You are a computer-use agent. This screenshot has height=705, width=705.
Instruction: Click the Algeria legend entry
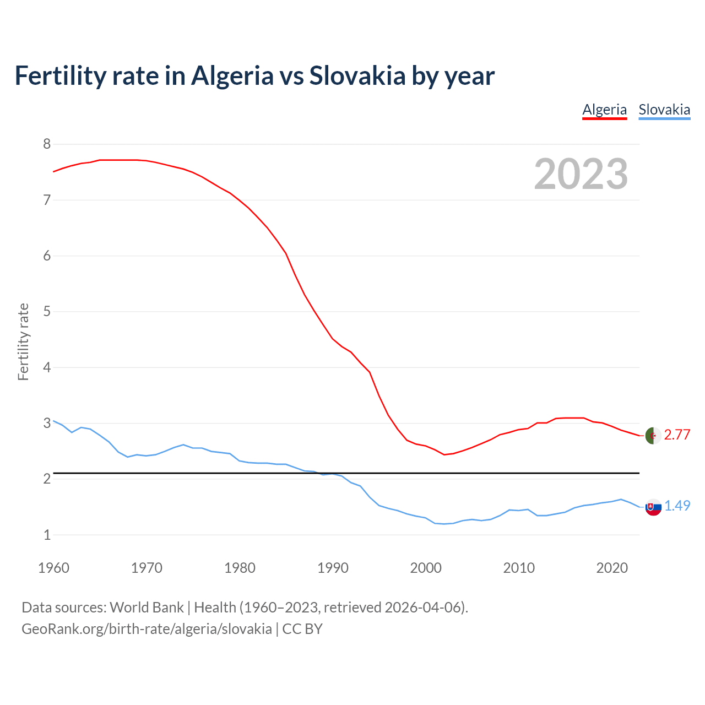pyautogui.click(x=604, y=110)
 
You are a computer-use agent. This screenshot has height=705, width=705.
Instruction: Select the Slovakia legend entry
pyautogui.click(x=664, y=110)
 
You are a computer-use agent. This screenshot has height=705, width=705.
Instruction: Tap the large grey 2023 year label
pyautogui.click(x=581, y=174)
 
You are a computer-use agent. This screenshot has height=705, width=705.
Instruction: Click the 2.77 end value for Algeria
pyautogui.click(x=677, y=435)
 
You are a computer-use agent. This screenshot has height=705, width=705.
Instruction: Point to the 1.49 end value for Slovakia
pyautogui.click(x=677, y=506)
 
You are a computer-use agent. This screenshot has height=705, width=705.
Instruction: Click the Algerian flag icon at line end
pyautogui.click(x=653, y=435)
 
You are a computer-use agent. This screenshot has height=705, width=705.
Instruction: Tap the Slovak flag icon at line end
pyautogui.click(x=653, y=507)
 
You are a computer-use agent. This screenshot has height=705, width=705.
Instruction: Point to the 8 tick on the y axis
pyautogui.click(x=47, y=144)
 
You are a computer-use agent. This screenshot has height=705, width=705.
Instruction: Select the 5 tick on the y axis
pyautogui.click(x=47, y=312)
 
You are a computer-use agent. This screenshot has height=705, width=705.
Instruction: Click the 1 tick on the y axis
pyautogui.click(x=47, y=535)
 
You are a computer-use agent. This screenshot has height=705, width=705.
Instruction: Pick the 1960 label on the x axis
pyautogui.click(x=53, y=568)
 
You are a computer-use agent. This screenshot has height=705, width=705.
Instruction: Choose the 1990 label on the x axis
pyautogui.click(x=333, y=568)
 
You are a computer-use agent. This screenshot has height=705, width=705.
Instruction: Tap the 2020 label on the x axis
pyautogui.click(x=612, y=568)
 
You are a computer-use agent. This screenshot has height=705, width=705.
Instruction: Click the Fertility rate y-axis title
pyautogui.click(x=23, y=341)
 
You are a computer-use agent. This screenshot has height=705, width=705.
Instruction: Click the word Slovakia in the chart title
pyautogui.click(x=357, y=75)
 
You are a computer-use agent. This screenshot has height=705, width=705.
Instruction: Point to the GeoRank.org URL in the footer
pyautogui.click(x=147, y=629)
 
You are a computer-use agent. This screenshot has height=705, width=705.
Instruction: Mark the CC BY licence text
pyautogui.click(x=302, y=629)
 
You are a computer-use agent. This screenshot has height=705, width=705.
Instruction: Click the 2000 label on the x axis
pyautogui.click(x=426, y=568)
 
